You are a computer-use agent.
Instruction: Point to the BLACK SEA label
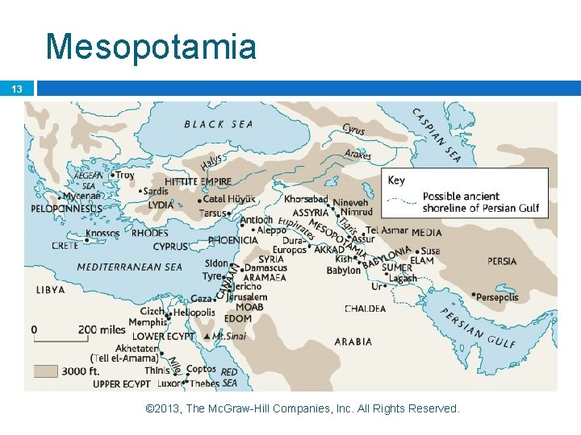click(218, 124)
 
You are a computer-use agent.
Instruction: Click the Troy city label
click(124, 175)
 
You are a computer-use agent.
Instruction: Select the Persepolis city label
click(497, 297)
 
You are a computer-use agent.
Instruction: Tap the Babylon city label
click(343, 271)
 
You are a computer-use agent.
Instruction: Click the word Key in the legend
click(396, 180)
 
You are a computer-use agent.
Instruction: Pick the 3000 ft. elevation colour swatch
click(45, 371)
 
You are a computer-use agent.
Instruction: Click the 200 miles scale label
click(102, 329)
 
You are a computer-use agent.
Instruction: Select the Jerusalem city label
click(246, 296)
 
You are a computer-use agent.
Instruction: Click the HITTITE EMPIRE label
click(198, 182)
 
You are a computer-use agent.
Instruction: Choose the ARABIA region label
click(353, 342)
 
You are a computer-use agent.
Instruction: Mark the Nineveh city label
click(350, 203)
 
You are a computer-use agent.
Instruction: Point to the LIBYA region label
click(50, 289)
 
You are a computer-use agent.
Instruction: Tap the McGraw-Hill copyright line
click(302, 409)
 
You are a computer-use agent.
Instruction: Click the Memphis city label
click(148, 322)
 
